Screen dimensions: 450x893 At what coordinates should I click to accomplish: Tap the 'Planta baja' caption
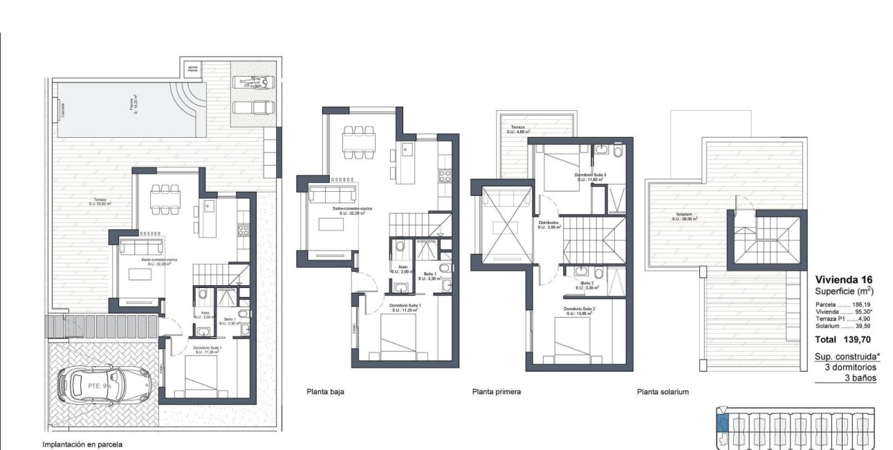(325, 392)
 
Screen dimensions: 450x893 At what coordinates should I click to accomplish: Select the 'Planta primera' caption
(496, 392)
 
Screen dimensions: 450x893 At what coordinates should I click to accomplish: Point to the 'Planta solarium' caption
(663, 392)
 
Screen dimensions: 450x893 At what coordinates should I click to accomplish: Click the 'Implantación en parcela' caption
(82, 445)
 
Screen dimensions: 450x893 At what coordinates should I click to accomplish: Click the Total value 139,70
(857, 341)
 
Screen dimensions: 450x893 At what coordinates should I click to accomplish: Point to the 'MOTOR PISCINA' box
(192, 69)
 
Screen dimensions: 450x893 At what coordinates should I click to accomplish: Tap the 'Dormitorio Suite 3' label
(590, 176)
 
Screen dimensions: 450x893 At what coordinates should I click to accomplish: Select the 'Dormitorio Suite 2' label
(580, 310)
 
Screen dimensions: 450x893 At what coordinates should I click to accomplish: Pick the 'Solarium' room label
(685, 215)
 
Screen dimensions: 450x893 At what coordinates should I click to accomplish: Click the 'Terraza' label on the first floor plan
(518, 128)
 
